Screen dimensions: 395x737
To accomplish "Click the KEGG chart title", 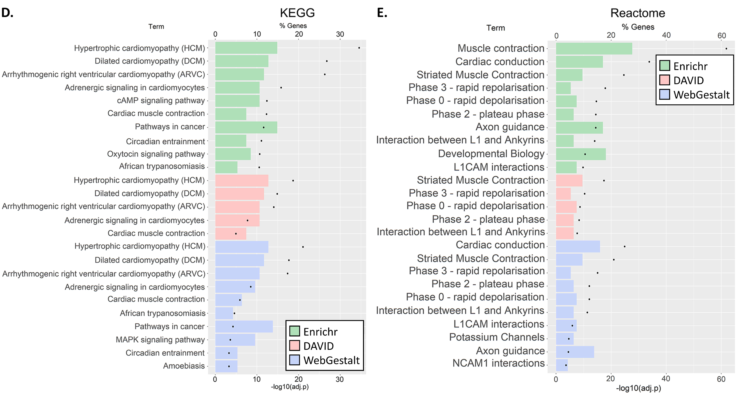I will (297, 13).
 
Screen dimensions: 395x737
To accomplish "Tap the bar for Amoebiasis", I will (226, 366).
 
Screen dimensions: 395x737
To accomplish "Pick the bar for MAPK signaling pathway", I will (235, 340).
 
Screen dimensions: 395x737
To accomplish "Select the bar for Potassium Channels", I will (564, 339).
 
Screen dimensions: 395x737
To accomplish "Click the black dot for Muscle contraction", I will (726, 49).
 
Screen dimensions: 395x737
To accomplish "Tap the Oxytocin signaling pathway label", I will (156, 154).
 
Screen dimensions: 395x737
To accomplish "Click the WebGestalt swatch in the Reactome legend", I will (664, 94).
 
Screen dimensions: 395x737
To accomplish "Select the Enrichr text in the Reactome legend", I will (690, 66).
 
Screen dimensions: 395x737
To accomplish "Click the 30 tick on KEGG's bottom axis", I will (340, 379).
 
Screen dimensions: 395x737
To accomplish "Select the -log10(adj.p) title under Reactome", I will (638, 388).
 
